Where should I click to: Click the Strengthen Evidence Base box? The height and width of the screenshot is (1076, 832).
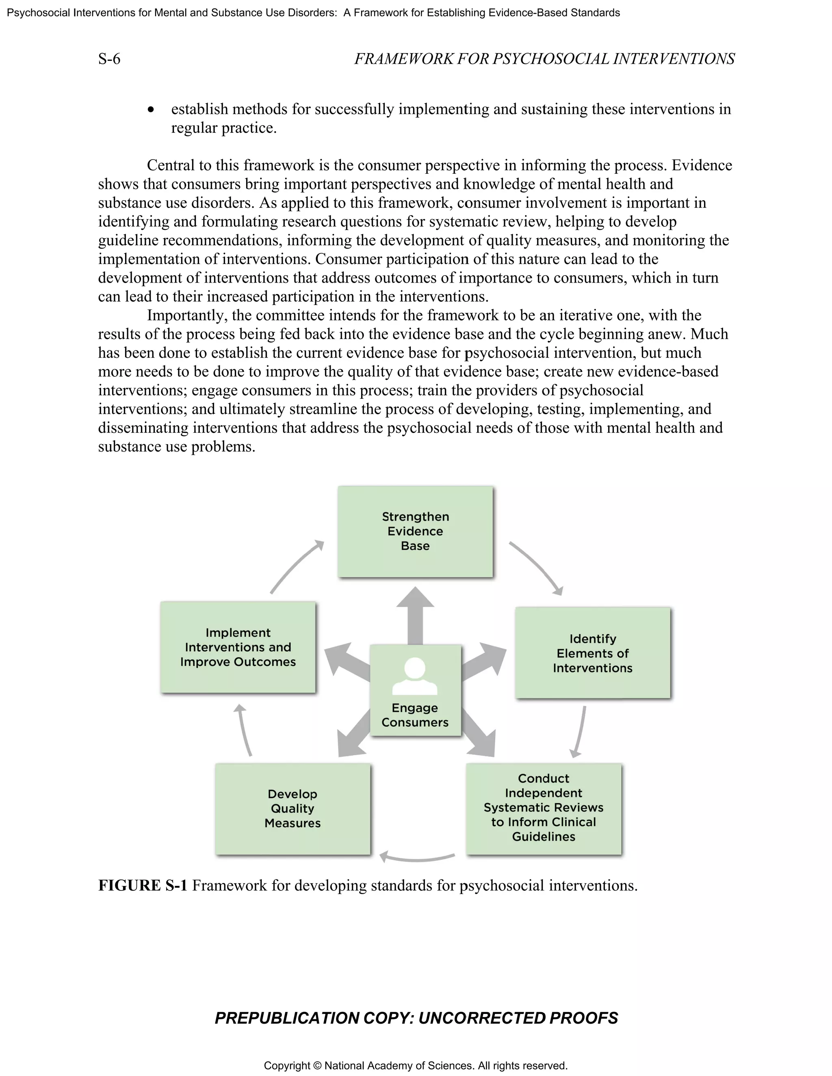point(415,531)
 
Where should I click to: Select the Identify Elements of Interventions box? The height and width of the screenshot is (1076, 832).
point(592,653)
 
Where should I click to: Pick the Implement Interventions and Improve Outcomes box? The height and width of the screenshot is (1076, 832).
point(238,647)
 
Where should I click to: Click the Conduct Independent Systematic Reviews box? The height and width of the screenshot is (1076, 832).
point(543,808)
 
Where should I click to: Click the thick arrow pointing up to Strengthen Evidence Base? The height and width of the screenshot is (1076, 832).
point(415,614)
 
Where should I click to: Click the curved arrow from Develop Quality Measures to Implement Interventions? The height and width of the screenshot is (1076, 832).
point(244,730)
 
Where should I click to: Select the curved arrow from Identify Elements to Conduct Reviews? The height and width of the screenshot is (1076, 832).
point(580,732)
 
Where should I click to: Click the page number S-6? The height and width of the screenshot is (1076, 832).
point(109,59)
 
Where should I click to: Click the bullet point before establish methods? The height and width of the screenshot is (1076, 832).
point(151,109)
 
